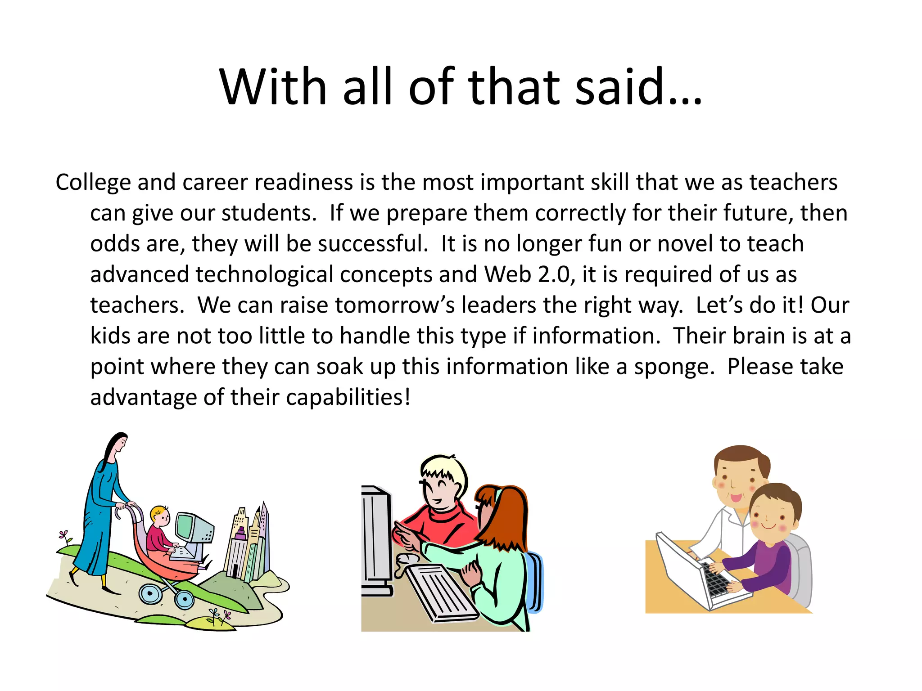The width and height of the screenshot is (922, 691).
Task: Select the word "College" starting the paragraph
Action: coord(93,183)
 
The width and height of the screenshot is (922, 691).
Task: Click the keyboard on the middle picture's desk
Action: coord(439,592)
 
